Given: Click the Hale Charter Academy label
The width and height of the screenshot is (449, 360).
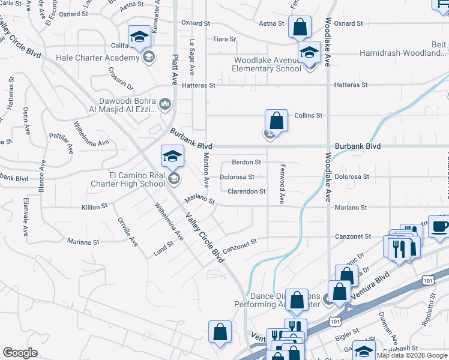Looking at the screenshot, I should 97,58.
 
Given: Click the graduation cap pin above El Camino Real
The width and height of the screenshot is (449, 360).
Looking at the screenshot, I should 172,157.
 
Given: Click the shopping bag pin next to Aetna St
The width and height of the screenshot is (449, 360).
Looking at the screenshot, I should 300,27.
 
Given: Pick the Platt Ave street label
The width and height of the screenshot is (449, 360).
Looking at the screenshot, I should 175,60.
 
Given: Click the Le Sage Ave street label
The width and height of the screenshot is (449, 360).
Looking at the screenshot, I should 193,58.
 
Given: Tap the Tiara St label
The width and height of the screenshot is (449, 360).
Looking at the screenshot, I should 224,39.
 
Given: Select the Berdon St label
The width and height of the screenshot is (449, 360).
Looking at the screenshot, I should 247,162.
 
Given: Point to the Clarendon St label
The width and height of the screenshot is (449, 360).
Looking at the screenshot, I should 246,191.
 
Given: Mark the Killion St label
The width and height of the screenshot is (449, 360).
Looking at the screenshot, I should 94,206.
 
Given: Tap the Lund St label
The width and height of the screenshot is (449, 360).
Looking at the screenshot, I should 163,248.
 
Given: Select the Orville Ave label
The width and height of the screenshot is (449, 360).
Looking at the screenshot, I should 128,232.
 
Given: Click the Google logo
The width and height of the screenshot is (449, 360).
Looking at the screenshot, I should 20,353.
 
